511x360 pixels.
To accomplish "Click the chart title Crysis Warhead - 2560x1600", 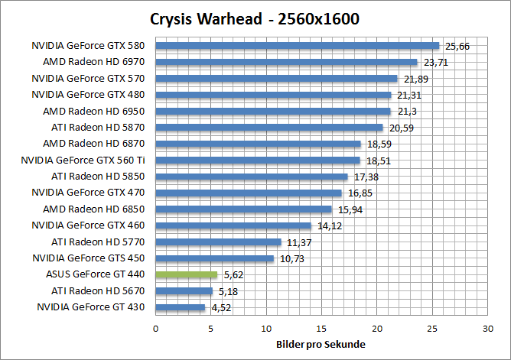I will pos(255,18).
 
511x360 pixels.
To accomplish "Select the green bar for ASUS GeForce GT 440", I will pos(187,274).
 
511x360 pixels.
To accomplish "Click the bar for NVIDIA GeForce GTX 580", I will pos(297,46).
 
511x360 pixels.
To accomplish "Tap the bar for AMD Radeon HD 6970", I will pos(286,62).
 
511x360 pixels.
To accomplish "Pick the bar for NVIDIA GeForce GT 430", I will pos(181,307).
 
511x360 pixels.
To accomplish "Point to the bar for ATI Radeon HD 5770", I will pos(218,242).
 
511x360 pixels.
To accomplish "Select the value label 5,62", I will pos(233,275).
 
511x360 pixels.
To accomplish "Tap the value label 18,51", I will pos(377,161).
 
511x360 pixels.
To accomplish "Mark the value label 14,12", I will pos(328,225).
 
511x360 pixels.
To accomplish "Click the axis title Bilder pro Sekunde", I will pos(321,345).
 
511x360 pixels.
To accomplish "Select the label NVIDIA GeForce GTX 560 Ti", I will pos(83,160).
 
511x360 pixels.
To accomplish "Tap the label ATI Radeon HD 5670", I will pos(98,290).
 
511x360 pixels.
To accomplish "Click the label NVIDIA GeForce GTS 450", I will pos(88,258).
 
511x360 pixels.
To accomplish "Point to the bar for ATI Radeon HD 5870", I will pos(269,128).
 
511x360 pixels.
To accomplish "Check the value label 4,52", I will pos(220,308).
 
